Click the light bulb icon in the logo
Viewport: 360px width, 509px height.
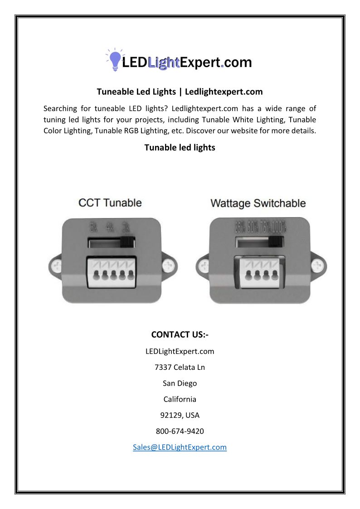point(115,59)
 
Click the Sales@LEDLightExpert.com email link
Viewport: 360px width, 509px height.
point(180,447)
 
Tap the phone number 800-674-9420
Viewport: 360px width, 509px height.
point(180,431)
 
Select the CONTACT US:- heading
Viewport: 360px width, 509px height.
point(180,334)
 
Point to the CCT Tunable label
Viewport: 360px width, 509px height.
point(110,203)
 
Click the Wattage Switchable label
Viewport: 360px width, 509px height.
point(258,204)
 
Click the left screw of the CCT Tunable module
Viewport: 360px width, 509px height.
point(57,265)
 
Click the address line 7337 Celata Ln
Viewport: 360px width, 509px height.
point(180,367)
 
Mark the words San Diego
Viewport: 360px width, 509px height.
point(180,383)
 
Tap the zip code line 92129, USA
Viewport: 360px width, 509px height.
point(180,415)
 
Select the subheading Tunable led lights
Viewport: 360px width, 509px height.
point(180,147)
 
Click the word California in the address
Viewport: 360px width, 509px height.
point(180,399)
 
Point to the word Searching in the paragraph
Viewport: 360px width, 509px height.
point(60,108)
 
